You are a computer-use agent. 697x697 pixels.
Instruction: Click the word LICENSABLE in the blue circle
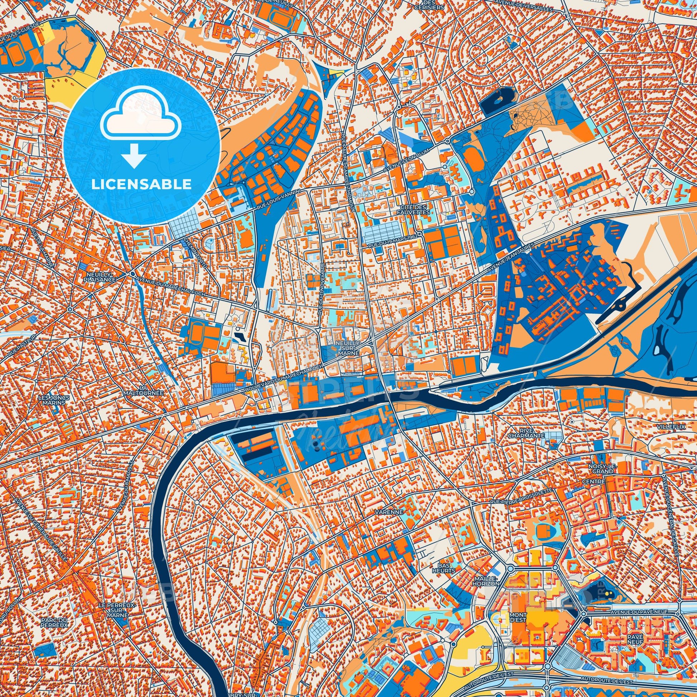point(141,184)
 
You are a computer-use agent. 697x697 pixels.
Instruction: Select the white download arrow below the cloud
point(134,156)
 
